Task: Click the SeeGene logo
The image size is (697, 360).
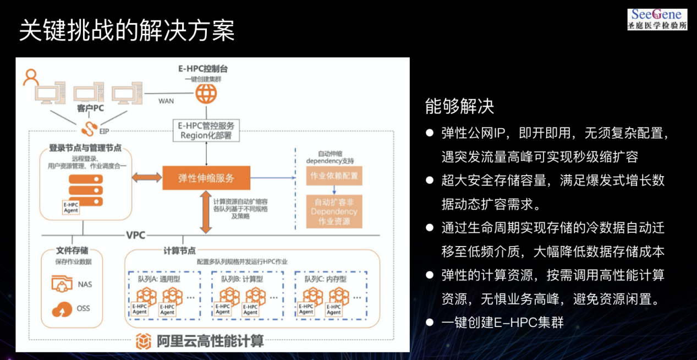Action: click(x=657, y=19)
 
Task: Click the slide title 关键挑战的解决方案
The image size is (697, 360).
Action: click(x=127, y=30)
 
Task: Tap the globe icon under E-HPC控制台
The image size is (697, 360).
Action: click(x=206, y=94)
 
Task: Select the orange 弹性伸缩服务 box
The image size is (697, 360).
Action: click(x=206, y=178)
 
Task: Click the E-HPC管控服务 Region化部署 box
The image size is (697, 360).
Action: click(x=206, y=130)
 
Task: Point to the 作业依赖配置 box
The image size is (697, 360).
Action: click(x=334, y=176)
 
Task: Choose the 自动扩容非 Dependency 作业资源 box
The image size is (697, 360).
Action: click(x=334, y=211)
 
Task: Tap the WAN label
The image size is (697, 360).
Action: click(x=166, y=101)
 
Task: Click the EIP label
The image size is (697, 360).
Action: click(x=105, y=131)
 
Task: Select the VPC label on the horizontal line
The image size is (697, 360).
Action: click(x=136, y=235)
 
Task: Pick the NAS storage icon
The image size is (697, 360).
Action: click(x=62, y=284)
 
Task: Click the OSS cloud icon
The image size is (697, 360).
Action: click(x=62, y=309)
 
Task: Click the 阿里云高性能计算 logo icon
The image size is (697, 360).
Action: click(x=144, y=341)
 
